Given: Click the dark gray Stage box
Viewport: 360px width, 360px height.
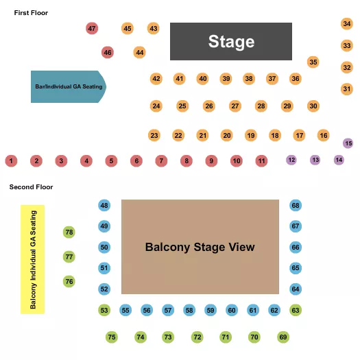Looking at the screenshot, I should click(231, 41).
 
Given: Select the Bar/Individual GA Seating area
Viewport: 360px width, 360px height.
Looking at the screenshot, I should click(67, 86).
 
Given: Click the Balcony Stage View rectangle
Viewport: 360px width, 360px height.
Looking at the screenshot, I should click(200, 247).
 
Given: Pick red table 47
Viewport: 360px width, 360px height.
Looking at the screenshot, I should click(92, 28).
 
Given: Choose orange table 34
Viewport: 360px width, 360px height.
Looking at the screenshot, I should click(347, 24).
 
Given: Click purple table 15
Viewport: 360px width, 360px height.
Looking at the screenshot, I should click(348, 143).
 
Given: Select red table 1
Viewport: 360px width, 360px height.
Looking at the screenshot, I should click(11, 161).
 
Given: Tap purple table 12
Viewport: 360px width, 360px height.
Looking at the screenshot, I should click(291, 160).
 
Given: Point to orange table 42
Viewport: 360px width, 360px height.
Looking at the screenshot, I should click(156, 79).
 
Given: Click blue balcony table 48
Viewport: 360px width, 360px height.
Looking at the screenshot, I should click(104, 206).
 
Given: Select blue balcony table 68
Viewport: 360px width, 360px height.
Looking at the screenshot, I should click(296, 206).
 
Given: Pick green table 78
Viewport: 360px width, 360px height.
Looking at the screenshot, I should click(69, 232).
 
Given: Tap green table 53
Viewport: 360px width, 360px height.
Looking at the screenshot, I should click(104, 310).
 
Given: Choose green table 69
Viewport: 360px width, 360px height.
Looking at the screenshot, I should click(283, 337).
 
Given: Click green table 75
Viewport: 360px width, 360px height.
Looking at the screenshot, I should click(112, 337).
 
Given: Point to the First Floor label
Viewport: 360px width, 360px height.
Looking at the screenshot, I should click(31, 13).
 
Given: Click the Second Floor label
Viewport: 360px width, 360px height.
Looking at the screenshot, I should click(31, 187).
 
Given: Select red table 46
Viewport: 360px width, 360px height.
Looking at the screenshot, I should click(108, 52).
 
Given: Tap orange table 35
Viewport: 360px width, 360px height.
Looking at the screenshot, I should click(313, 62).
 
